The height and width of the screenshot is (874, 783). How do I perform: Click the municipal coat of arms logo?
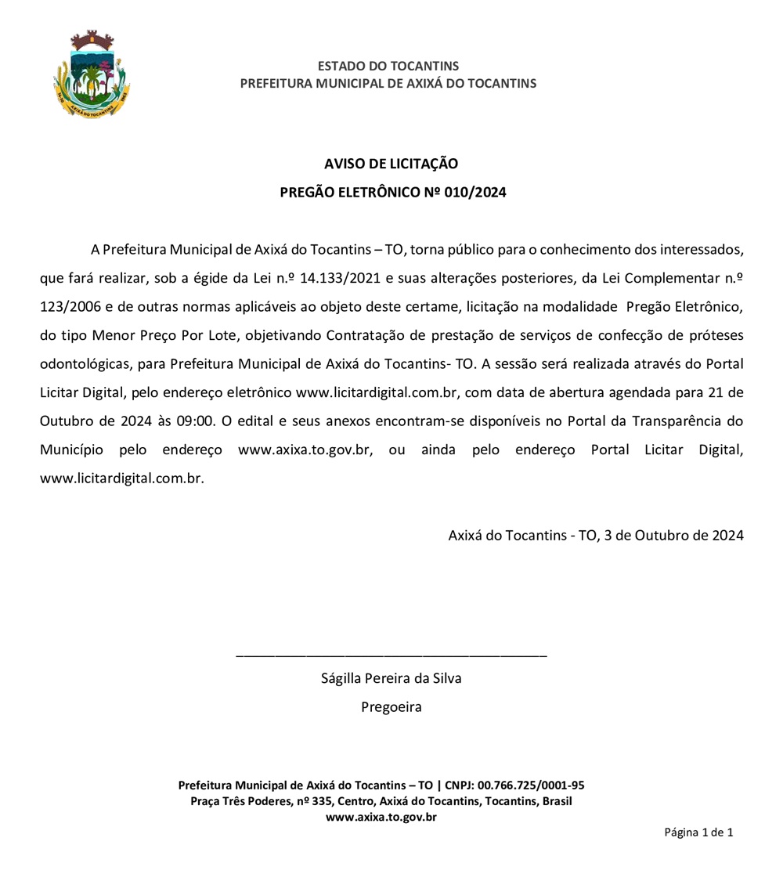click(x=92, y=75)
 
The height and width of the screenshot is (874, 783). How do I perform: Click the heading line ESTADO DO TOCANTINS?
click(x=388, y=66)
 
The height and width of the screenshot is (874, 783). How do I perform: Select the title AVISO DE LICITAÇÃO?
click(x=391, y=164)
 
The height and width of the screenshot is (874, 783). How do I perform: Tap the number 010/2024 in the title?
click(x=475, y=192)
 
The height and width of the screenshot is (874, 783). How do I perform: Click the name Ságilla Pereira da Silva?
click(x=391, y=678)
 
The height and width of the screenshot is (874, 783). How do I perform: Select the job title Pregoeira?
click(x=391, y=707)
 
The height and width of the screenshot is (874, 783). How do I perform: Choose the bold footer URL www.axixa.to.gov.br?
click(x=381, y=817)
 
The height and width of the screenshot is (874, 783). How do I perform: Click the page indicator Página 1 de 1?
click(x=698, y=832)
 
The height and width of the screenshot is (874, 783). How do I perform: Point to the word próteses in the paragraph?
click(x=715, y=336)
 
